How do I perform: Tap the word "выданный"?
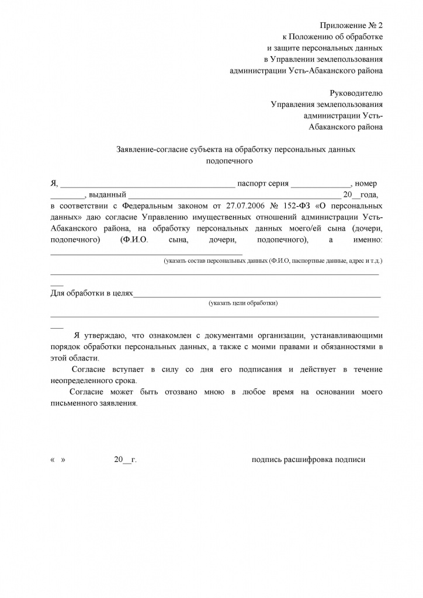tap(108, 195)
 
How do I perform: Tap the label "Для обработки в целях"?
tap(92, 293)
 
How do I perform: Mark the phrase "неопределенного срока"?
tap(93, 380)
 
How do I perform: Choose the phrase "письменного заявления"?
tap(94, 403)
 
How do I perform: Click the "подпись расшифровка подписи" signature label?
tap(308, 460)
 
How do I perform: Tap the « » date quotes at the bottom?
tap(58, 460)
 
